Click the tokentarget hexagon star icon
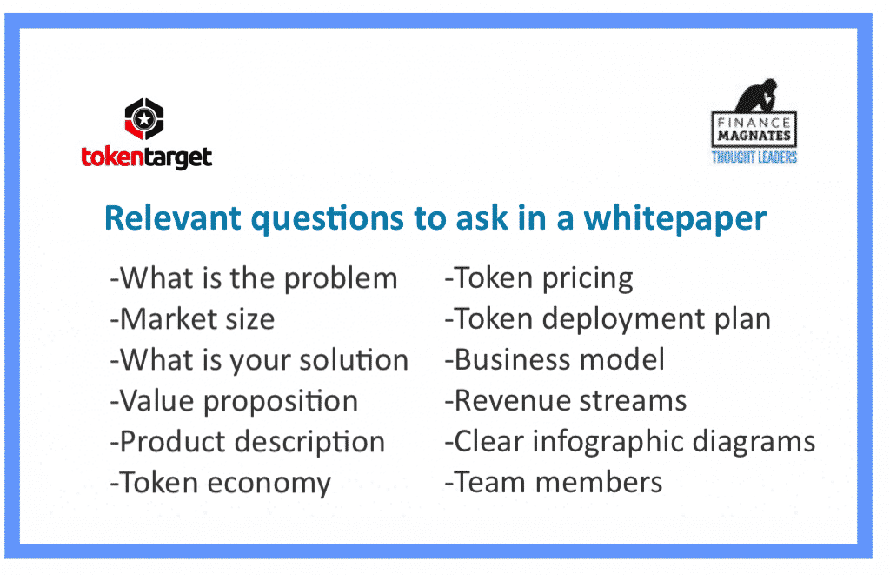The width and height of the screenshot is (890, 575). pyautogui.click(x=144, y=119)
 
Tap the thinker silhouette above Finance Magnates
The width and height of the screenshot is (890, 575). pyautogui.click(x=757, y=96)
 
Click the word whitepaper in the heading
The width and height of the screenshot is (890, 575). pyautogui.click(x=674, y=218)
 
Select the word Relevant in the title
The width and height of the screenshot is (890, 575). pyautogui.click(x=173, y=217)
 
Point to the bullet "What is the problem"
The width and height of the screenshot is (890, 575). pyautogui.click(x=254, y=278)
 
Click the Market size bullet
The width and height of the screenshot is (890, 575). pyautogui.click(x=192, y=318)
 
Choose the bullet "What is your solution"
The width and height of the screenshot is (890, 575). pyautogui.click(x=259, y=360)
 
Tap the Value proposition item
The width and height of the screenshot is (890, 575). pyautogui.click(x=234, y=401)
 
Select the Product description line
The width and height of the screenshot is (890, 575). pyautogui.click(x=248, y=442)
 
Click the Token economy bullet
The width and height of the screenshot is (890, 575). pyautogui.click(x=220, y=483)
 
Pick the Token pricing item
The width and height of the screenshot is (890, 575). pyautogui.click(x=539, y=278)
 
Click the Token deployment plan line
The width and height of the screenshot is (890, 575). pyautogui.click(x=608, y=319)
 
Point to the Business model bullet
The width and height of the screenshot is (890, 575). pyautogui.click(x=555, y=359)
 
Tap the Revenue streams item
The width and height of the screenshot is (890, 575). pyautogui.click(x=565, y=400)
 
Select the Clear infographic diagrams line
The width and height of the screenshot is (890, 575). pyautogui.click(x=630, y=442)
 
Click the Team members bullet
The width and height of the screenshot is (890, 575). pyautogui.click(x=554, y=483)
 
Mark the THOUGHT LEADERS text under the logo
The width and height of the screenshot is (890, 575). pyautogui.click(x=754, y=157)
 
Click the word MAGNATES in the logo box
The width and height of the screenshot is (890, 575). pyautogui.click(x=754, y=136)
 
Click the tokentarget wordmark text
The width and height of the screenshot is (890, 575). pyautogui.click(x=146, y=157)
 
